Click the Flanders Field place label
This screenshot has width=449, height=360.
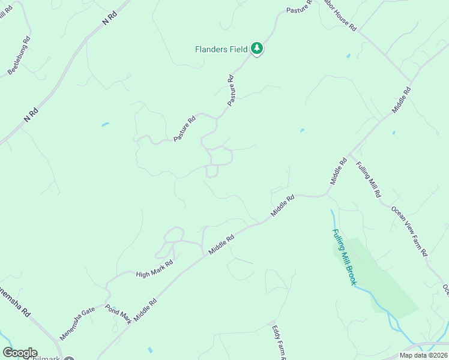click(x=221, y=49)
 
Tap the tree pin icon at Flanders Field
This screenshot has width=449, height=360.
click(x=257, y=48)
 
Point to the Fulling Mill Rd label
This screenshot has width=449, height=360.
click(x=368, y=180)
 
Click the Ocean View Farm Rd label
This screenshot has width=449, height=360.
click(x=409, y=231)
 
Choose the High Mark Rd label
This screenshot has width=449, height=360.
click(x=154, y=267)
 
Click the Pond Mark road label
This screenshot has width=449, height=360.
click(x=118, y=314)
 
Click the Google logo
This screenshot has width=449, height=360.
click(x=20, y=353)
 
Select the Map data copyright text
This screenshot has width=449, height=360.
click(x=423, y=355)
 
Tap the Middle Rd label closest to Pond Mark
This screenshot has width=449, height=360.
click(x=145, y=310)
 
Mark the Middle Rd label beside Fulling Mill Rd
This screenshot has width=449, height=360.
click(x=339, y=170)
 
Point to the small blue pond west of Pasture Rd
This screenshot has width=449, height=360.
click(x=106, y=124)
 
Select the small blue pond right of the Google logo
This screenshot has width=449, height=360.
click(x=149, y=350)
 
